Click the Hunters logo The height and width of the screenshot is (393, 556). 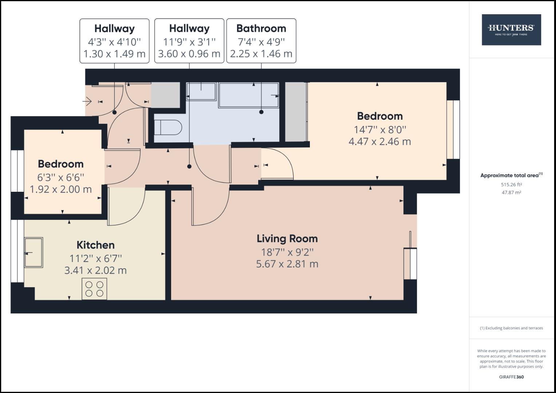click(511, 30)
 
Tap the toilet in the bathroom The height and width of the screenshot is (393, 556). click(168, 128)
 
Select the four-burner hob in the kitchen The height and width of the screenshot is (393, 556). click(94, 289)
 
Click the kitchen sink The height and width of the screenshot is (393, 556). click(33, 252)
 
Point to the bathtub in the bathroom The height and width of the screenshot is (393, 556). click(249, 95)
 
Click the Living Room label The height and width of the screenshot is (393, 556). click(287, 239)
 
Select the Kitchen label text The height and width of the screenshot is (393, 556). click(95, 245)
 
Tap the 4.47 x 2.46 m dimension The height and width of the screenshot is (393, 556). click(379, 142)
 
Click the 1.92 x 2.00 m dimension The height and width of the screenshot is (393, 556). click(60, 189)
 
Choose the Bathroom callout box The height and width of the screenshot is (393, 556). click(261, 41)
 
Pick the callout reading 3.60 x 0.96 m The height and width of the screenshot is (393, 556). click(189, 54)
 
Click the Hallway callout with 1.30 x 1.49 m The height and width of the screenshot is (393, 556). click(114, 41)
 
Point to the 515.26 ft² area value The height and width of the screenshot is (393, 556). click(511, 184)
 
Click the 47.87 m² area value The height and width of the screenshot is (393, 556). click(511, 192)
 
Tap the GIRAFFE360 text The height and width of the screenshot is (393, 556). click(511, 377)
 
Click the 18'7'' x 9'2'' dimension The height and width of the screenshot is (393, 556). click(287, 252)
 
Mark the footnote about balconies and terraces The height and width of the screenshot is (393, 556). click(511, 328)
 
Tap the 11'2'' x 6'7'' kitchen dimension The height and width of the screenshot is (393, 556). click(95, 258)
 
